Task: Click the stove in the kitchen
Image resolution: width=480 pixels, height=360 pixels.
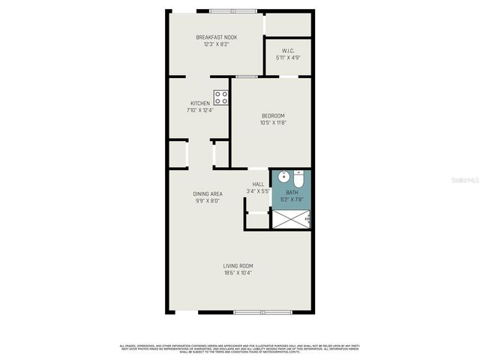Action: pos(221,97)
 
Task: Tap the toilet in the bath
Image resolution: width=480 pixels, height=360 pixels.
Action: pos(298,181)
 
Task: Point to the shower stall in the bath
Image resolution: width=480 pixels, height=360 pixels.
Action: pos(290,218)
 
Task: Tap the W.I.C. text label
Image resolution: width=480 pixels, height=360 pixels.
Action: pos(287,51)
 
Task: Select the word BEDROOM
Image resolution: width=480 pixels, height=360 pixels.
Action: pos(273,115)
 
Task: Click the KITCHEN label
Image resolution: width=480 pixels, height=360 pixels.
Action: pos(199,103)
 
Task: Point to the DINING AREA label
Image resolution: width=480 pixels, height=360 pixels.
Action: pos(206,194)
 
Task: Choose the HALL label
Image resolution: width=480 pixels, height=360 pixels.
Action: pos(258,184)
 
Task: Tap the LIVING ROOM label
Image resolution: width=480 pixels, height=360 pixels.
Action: pos(238,266)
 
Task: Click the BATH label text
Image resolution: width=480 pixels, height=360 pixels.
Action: pos(291,193)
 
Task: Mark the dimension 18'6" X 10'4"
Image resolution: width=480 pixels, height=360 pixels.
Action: pos(238,273)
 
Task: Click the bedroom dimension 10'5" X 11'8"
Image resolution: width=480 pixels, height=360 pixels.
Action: pos(273,122)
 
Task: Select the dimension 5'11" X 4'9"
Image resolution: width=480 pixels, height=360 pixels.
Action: pos(287,58)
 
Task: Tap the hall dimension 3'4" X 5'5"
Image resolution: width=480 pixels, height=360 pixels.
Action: pos(258,191)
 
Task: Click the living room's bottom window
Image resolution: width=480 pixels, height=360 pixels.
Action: pos(253,311)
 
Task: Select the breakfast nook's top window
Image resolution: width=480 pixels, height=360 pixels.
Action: pos(232,10)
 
